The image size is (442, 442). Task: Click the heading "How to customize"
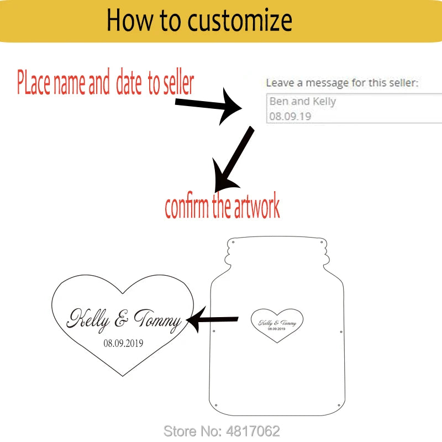199,20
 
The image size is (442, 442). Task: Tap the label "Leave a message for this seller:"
342,83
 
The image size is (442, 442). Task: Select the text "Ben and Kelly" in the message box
302,102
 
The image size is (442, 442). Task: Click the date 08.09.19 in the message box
290,117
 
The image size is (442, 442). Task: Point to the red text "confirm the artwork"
222,206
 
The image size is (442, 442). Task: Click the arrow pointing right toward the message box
210,107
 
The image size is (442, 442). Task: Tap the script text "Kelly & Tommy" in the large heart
124,320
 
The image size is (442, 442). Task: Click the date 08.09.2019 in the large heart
123,343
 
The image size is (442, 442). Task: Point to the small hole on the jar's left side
214,331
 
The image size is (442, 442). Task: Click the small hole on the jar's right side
341,331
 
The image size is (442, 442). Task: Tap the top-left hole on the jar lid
233,241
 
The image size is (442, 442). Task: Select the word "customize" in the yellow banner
239,20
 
